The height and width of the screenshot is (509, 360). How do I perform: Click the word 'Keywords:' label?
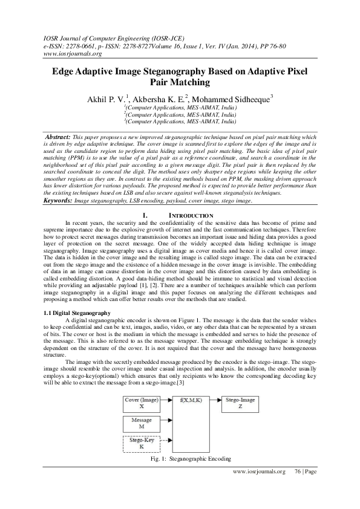pyautogui.click(x=58, y=199)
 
